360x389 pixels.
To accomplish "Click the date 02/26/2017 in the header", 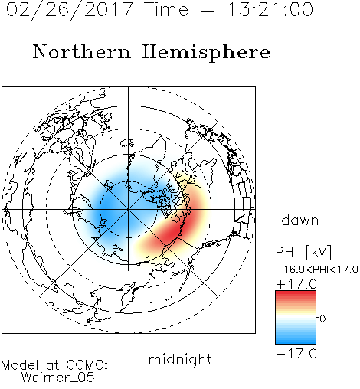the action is (69, 10).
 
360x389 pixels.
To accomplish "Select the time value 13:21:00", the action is (270, 10).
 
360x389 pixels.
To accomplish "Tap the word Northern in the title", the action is (82, 51).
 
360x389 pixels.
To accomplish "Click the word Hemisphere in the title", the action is (206, 52).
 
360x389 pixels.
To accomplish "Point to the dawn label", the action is (300, 220).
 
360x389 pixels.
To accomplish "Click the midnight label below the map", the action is (180, 360).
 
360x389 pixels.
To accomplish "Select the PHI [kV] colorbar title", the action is (303, 252).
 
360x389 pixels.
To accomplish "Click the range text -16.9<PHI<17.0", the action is (316, 270).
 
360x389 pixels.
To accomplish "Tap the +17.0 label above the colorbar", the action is (296, 284).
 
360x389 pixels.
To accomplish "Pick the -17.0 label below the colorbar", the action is (296, 354).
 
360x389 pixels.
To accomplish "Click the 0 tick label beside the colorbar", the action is (322, 319).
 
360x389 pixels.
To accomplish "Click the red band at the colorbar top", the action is (296, 295).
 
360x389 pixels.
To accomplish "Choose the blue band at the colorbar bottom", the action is (296, 340).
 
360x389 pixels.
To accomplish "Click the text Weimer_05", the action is (58, 378).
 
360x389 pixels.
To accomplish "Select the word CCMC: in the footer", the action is (87, 365).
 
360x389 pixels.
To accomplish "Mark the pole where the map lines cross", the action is (129, 210).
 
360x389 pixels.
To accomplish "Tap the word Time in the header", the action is (166, 9).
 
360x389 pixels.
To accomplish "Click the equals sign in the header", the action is (207, 11).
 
